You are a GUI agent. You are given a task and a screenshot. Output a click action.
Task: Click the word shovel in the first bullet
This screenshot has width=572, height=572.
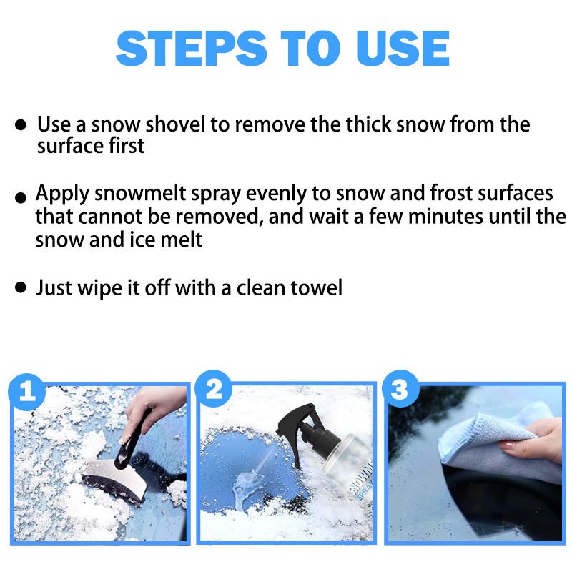(x=177, y=124)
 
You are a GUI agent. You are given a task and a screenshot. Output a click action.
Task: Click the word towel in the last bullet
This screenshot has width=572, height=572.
(x=316, y=287)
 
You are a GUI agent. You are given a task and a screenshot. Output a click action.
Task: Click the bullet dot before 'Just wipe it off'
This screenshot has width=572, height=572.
(x=21, y=288)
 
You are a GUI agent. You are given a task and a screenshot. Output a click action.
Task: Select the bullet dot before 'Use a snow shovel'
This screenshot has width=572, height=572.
(x=21, y=125)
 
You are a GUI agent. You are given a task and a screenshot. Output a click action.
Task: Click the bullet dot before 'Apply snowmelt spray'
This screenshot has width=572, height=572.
(x=21, y=196)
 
